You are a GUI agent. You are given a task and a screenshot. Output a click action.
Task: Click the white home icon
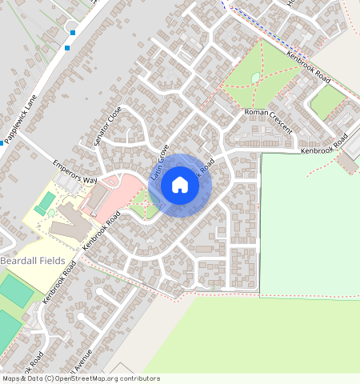pos(180,186)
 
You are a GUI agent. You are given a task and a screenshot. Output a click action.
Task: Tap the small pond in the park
pos(255,78)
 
